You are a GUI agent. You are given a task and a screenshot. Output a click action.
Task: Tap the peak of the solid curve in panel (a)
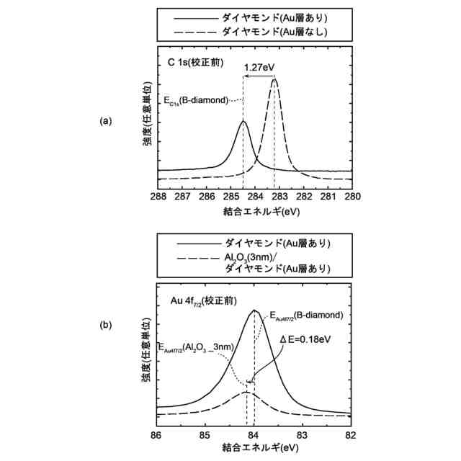(243, 121)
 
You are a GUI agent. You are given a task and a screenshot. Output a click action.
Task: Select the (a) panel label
(106, 122)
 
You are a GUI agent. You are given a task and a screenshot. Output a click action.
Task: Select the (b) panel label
(106, 325)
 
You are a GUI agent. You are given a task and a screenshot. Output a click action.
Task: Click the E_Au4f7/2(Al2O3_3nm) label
(197, 347)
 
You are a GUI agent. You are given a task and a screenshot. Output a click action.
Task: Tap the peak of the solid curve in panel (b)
(254, 310)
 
